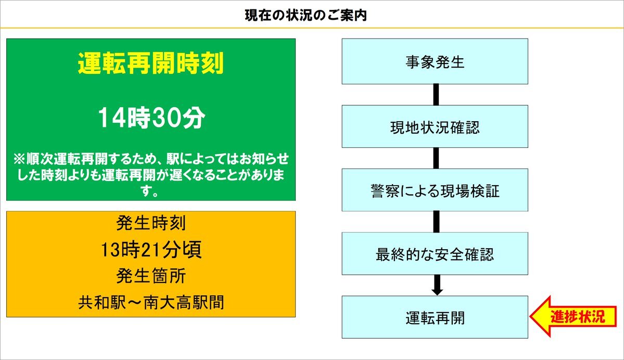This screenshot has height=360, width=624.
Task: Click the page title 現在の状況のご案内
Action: click(x=305, y=16)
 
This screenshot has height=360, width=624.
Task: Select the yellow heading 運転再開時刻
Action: click(x=151, y=63)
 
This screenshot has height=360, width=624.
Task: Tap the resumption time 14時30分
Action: click(x=151, y=118)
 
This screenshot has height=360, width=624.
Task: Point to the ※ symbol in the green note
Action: click(x=19, y=159)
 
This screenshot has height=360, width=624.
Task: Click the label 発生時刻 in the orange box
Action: click(x=151, y=223)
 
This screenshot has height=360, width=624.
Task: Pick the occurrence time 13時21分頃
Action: click(x=151, y=250)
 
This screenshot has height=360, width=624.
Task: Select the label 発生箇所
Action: click(x=151, y=276)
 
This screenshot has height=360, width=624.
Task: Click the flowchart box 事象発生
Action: click(x=435, y=61)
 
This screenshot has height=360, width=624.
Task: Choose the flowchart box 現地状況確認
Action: click(x=435, y=126)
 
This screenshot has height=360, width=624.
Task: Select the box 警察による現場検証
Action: click(x=435, y=190)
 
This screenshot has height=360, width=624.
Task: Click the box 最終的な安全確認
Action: click(x=435, y=253)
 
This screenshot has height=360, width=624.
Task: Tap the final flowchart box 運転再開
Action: click(x=435, y=317)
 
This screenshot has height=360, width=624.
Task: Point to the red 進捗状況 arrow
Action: click(x=573, y=317)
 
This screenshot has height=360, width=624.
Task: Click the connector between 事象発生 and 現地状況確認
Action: click(x=436, y=95)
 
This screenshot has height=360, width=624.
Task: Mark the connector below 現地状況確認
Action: click(x=436, y=158)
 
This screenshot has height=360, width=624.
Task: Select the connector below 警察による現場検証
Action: click(x=436, y=222)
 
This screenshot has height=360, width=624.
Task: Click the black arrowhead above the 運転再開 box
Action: click(x=437, y=291)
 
